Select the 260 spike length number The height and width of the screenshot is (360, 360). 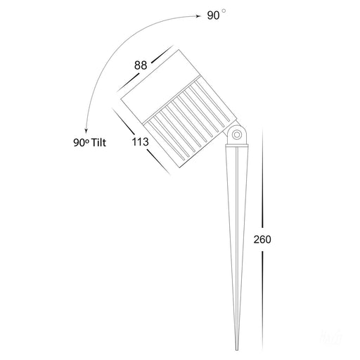pos(262,239)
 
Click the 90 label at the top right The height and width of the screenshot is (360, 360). pos(214,16)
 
